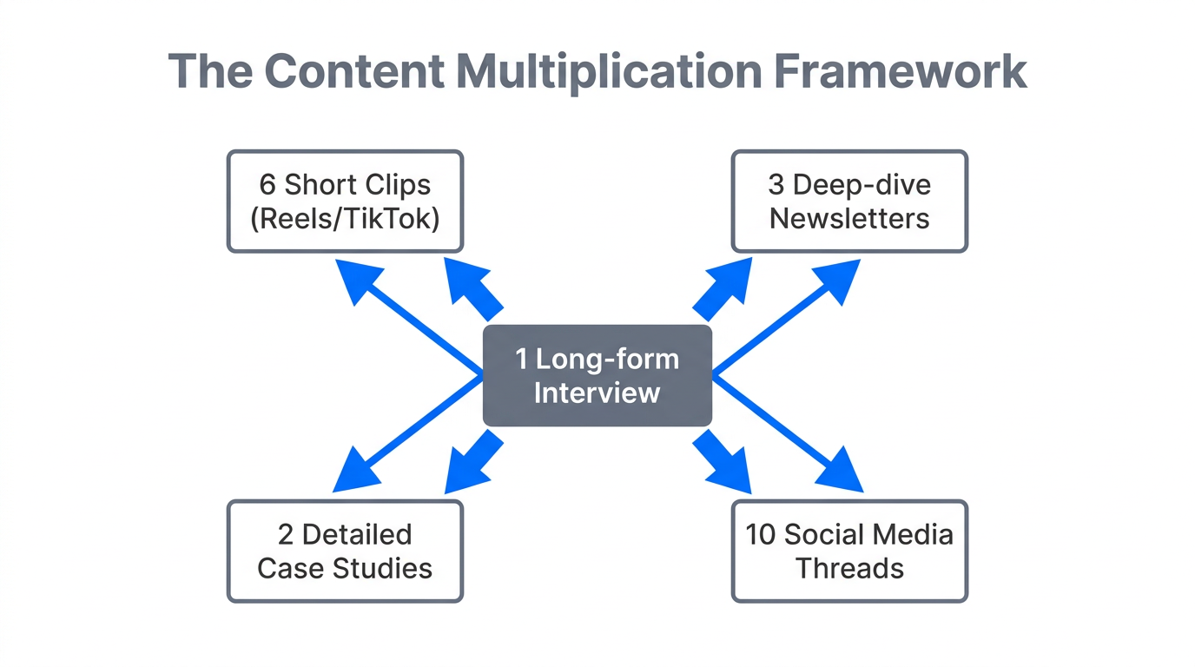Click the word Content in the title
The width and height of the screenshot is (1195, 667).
354,71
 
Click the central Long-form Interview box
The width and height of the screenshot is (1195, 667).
597,375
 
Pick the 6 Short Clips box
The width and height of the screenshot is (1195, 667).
345,201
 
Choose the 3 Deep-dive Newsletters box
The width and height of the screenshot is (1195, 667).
849,201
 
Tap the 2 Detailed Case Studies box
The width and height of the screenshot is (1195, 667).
345,551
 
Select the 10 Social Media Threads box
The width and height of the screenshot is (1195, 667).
849,551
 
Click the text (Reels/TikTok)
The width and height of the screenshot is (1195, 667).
345,218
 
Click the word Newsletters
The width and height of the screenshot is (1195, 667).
849,218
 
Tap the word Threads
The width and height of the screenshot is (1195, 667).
849,568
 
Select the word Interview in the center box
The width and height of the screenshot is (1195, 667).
597,392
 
